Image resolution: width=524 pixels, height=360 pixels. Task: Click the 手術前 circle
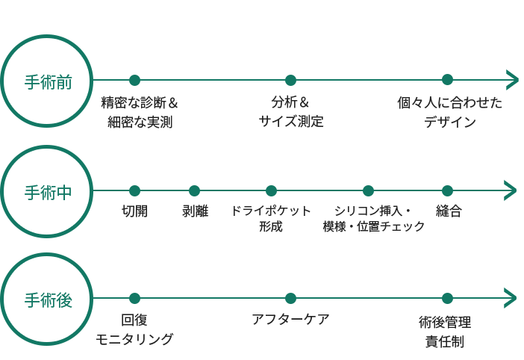coord(48,81)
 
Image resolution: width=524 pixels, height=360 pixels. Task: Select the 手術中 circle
coord(48,191)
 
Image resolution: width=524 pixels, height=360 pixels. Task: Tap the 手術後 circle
coord(48,299)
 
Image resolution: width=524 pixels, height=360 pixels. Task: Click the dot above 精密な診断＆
coord(134,81)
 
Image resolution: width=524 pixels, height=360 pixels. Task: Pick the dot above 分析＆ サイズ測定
coord(290,81)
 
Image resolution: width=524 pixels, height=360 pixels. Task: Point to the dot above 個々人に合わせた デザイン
coord(447,81)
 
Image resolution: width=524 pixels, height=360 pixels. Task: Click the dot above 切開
coord(134,191)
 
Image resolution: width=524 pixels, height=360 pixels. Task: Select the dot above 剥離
coord(194,191)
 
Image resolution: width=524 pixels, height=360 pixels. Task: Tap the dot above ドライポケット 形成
coord(271,191)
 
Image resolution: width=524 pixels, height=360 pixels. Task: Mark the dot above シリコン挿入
coord(368,191)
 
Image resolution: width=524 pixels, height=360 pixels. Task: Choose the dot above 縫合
coord(447,191)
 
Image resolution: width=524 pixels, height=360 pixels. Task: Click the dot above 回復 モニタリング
coord(134,299)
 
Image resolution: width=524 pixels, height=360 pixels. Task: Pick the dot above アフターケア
coord(290,299)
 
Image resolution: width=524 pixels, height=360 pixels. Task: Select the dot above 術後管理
coord(447,299)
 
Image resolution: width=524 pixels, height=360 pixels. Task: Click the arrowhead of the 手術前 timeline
coord(512,80)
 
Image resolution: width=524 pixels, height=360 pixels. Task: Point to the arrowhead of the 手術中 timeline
coord(512,190)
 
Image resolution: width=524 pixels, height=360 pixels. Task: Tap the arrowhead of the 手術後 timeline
coord(512,298)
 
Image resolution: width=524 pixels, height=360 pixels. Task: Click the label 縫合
coord(449,211)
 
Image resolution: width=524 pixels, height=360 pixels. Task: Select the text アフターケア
coord(290,320)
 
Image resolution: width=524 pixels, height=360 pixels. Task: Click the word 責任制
coord(445,342)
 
